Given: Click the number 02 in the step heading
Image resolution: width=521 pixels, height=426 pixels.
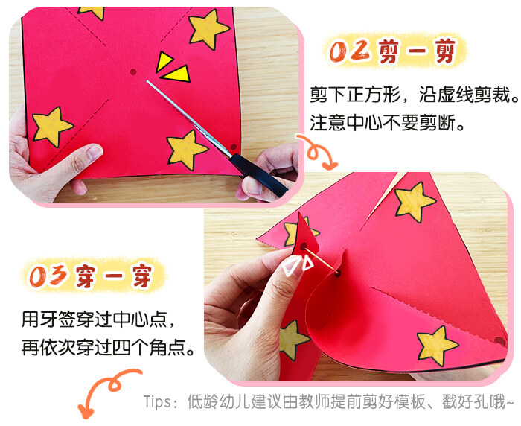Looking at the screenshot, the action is [x=349, y=51].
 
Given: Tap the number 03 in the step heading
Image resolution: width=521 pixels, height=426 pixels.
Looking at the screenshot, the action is [x=49, y=276].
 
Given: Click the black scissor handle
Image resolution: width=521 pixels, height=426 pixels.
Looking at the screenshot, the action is [x=258, y=175].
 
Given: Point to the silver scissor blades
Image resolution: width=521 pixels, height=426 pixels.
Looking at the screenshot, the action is [x=188, y=118].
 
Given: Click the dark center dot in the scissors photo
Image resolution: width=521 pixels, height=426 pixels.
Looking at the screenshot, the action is [x=133, y=71].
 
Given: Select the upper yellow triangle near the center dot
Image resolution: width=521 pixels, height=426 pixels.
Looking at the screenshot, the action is [x=164, y=62].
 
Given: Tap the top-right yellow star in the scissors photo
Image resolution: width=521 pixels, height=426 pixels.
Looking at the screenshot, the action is [x=208, y=29].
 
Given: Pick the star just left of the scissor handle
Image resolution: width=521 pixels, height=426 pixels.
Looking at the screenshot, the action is [x=186, y=149].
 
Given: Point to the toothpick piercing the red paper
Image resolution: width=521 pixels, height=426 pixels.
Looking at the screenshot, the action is [x=322, y=261].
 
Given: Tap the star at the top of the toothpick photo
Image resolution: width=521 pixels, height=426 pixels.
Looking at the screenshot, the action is [x=415, y=202].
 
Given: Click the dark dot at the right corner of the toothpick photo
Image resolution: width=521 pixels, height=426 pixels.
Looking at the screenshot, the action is [x=499, y=340].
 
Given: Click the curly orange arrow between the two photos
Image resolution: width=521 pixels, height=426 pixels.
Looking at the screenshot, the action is [x=316, y=152].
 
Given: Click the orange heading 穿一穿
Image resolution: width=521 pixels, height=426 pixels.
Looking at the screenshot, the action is [x=115, y=276].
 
